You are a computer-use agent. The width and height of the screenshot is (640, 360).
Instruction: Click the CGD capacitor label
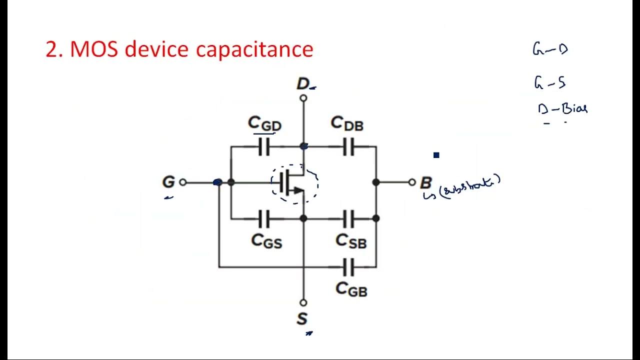pos(264,124)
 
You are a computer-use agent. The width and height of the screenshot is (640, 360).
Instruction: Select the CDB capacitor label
pos(347,123)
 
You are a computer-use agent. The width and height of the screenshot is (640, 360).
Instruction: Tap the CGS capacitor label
pos(266,241)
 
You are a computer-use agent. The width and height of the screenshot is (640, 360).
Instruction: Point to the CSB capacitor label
pos(350,241)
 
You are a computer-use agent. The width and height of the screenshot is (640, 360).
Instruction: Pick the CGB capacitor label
pos(351,289)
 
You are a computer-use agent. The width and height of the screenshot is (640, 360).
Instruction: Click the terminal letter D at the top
pos(303,84)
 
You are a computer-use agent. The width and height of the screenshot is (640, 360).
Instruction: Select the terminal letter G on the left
pos(168,182)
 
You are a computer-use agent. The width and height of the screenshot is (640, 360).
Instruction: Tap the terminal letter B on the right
pos(425,182)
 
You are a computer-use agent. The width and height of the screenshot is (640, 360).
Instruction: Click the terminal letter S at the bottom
pos(302,319)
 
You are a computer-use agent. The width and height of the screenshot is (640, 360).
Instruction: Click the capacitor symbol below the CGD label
pos(264,147)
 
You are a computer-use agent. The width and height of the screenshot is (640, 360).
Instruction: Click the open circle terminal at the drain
pos(303,98)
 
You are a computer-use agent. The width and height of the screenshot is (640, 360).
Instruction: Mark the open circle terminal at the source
pos(303,302)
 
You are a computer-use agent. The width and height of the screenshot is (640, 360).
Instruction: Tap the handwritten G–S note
pos(549,82)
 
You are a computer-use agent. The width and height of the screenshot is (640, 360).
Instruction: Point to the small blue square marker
pos(436,155)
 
